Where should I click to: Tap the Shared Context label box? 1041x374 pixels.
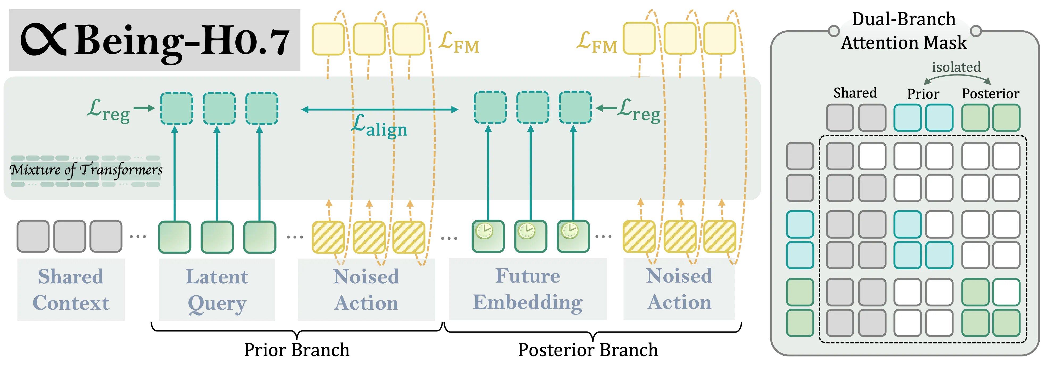tap(71, 289)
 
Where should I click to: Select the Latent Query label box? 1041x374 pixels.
tap(217, 289)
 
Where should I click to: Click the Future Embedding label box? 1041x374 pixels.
tap(527, 289)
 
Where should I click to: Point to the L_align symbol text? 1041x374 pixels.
tap(379, 127)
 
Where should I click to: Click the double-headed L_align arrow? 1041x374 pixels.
tap(380, 109)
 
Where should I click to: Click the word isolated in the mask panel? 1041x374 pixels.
tap(956, 67)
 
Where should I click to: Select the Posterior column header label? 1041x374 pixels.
tap(990, 94)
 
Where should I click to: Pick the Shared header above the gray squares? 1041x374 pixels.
tap(855, 93)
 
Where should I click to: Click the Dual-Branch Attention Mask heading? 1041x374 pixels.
tap(904, 32)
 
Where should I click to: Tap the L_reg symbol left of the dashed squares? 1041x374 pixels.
tap(108, 110)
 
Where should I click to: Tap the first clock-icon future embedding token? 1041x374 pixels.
tap(488, 236)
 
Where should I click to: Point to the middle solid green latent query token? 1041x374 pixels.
tap(217, 237)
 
